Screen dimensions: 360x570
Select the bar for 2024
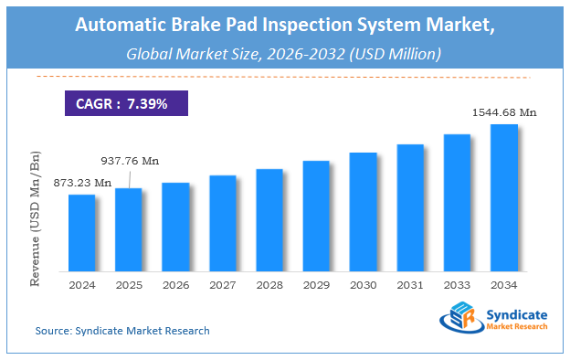click(82, 232)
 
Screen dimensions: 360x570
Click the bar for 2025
click(129, 229)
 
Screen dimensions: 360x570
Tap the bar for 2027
click(223, 222)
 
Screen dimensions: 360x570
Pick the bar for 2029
click(316, 216)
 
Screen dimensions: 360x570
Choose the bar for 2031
click(410, 207)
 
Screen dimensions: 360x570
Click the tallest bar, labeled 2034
click(504, 197)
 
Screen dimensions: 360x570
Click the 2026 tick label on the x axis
click(175, 284)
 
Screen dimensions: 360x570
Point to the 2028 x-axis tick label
click(269, 284)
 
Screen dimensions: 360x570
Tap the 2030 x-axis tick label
click(364, 284)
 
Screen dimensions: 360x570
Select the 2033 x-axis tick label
click(457, 284)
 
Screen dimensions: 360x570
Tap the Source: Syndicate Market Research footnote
click(122, 331)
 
